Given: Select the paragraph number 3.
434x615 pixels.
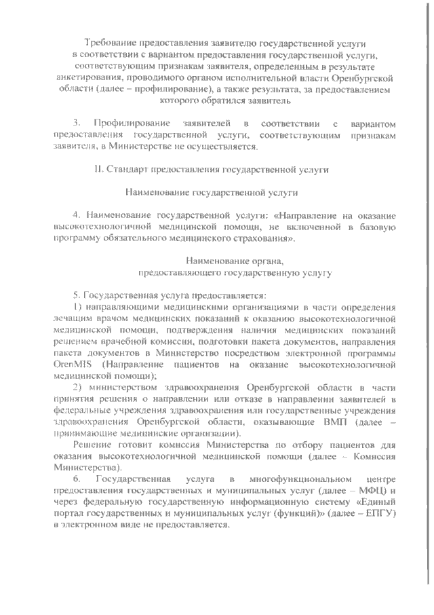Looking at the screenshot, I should (78, 122).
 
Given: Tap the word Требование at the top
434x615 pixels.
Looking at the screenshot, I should (113, 42).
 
